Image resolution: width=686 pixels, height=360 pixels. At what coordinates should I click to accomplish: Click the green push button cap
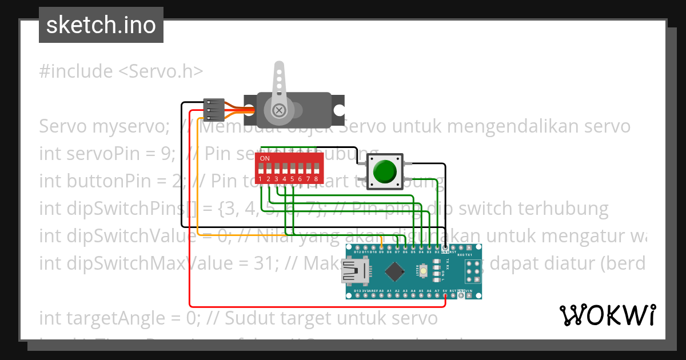point(385,170)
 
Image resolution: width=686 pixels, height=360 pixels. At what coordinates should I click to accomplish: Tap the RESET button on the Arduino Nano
point(424,271)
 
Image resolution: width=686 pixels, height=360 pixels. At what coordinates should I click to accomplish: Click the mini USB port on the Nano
point(355,271)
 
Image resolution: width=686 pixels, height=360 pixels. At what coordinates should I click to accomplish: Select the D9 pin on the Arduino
point(381,248)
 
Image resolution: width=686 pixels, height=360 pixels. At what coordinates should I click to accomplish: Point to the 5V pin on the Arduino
point(445,295)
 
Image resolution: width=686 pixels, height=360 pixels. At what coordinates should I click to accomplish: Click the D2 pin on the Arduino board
point(437,248)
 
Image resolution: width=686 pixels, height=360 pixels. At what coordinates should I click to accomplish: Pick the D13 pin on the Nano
point(357,295)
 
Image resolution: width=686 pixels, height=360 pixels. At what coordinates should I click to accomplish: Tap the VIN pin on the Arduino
point(469,295)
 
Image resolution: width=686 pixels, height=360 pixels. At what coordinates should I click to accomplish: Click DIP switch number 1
point(260,169)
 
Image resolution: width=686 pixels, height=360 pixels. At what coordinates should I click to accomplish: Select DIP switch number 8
point(316,169)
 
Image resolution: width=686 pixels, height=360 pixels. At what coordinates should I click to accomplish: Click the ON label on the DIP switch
point(265,158)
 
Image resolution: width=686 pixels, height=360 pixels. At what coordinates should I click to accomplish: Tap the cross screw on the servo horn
point(278,110)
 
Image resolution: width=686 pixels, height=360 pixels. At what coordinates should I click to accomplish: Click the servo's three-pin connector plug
point(213,109)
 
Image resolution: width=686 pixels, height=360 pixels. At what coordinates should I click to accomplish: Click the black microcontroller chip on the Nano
point(395,271)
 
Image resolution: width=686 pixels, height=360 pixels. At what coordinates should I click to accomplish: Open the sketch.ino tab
point(101,25)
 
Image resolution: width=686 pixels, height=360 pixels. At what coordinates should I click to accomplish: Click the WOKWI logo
point(607,315)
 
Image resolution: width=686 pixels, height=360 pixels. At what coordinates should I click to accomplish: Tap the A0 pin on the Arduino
point(381,295)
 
